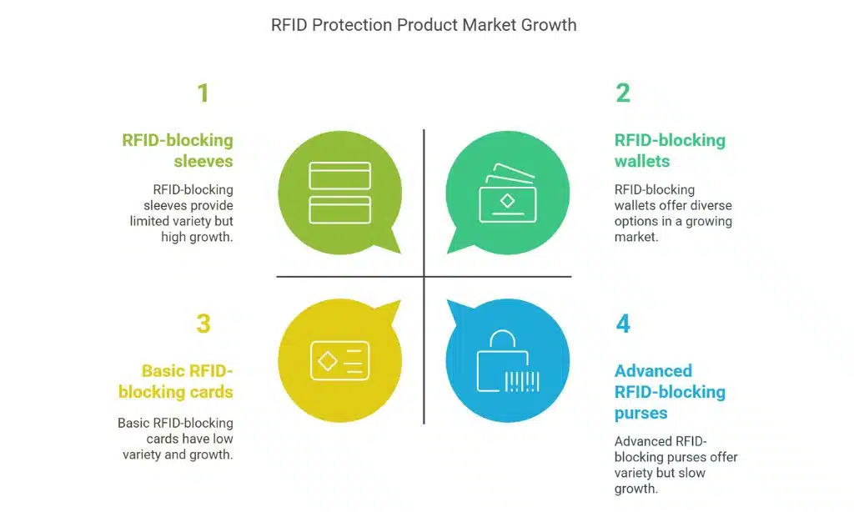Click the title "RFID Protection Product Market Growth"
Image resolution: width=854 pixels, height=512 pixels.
tap(424, 24)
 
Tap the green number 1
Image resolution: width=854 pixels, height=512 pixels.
tap(203, 93)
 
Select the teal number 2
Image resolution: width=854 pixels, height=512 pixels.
tap(623, 93)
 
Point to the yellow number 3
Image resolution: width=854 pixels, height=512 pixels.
tap(203, 323)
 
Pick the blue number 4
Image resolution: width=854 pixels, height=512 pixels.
tap(623, 323)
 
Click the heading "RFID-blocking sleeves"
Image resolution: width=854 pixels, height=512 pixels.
tap(178, 150)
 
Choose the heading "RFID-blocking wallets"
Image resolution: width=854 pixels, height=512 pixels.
tap(670, 150)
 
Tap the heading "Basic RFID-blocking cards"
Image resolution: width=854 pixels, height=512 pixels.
tap(176, 381)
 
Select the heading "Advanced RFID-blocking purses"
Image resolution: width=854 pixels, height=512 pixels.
tap(670, 392)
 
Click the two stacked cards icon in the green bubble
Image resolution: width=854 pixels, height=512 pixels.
tap(339, 193)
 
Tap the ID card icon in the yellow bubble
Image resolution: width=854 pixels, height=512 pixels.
tap(339, 360)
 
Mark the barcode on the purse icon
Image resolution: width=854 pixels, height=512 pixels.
tap(522, 381)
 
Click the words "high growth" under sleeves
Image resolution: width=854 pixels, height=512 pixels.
tap(197, 237)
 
